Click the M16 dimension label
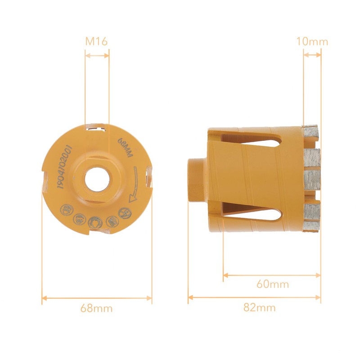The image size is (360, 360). pyautogui.click(x=96, y=41)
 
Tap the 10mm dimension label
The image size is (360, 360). pyautogui.click(x=312, y=41)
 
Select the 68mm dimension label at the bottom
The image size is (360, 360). pyautogui.click(x=96, y=308)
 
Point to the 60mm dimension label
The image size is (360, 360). pyautogui.click(x=273, y=284)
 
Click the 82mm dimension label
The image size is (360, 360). pyautogui.click(x=260, y=307)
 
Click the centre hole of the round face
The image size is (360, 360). pyautogui.click(x=97, y=179)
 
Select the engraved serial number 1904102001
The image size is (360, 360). pyautogui.click(x=65, y=167)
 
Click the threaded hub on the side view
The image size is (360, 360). pyautogui.click(x=198, y=180)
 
